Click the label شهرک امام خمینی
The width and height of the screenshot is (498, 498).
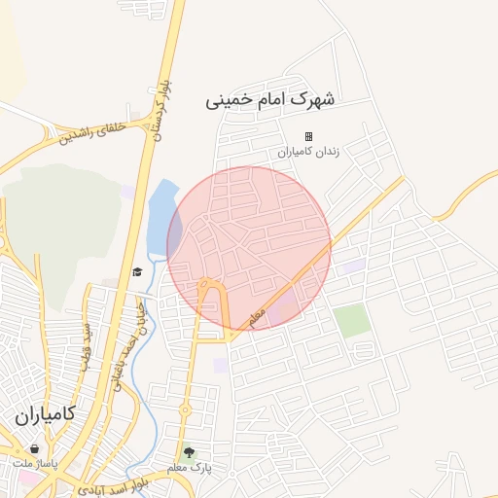click(271, 100)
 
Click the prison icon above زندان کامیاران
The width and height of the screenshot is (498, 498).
click(308, 136)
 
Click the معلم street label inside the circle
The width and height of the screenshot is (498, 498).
click(257, 318)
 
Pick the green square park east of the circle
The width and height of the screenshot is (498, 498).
click(352, 320)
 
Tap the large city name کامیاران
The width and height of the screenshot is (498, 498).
click(52, 416)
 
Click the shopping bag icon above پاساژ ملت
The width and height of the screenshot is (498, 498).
click(35, 449)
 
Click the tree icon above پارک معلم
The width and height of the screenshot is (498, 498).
click(189, 452)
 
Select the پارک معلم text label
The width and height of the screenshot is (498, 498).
click(189, 468)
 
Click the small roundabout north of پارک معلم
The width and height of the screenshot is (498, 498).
click(185, 412)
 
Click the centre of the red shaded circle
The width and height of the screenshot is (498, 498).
click(249, 247)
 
